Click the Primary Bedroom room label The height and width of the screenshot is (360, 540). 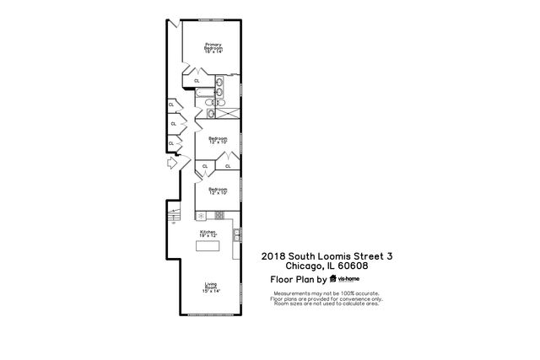point(212,48)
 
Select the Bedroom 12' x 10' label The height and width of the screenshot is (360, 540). point(218,191)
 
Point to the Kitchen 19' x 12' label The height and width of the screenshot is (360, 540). point(208,233)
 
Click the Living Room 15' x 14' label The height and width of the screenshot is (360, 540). point(210,287)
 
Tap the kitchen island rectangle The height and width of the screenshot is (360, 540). point(208,247)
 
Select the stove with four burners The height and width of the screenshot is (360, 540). point(220,215)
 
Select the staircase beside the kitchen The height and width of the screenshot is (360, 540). point(174,217)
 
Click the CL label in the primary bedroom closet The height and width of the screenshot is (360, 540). point(197,81)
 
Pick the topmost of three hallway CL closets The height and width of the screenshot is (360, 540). point(172,106)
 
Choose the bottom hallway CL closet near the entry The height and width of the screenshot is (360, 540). point(172,143)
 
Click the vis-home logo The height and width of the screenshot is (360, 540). point(345,278)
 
